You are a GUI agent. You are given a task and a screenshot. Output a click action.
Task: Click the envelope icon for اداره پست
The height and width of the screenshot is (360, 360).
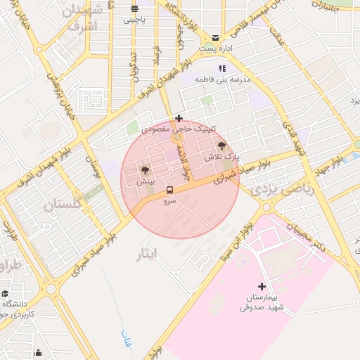(215, 38)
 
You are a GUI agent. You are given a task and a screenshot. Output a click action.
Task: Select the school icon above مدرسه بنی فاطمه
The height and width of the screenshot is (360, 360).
(222, 69)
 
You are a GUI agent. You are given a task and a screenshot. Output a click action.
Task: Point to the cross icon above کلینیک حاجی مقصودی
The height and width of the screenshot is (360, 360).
(179, 118)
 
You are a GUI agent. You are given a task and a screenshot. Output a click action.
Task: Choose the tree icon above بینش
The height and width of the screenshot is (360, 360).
(145, 170)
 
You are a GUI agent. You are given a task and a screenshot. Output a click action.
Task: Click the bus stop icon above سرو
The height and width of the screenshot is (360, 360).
(169, 190)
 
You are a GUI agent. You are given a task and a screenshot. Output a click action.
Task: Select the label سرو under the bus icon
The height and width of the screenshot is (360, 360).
(169, 201)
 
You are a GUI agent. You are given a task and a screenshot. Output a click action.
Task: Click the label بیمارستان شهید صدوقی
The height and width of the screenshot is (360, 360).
(261, 302)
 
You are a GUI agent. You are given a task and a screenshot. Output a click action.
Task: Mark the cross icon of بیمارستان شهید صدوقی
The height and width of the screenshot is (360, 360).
(262, 286)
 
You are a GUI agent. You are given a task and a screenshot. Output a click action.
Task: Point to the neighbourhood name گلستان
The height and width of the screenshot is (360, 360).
(63, 205)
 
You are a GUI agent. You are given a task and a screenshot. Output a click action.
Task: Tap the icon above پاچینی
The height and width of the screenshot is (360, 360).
(134, 9)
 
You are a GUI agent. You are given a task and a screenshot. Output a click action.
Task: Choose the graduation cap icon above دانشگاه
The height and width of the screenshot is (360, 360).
(6, 293)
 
